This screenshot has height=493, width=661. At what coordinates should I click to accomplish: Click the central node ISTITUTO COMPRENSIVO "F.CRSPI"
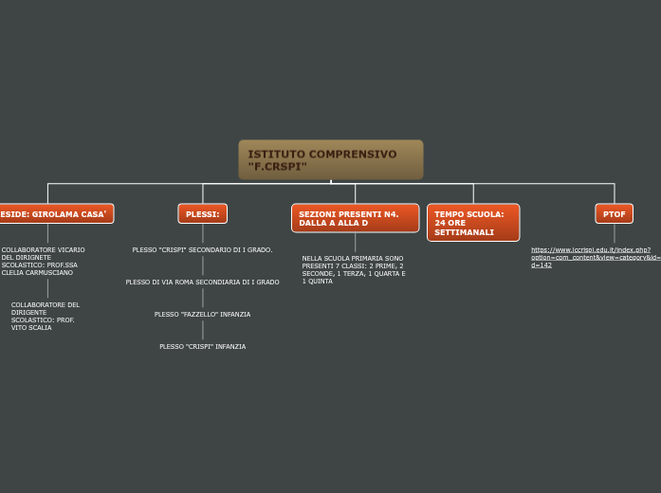click(x=330, y=159)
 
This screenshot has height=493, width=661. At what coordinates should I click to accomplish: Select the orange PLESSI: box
click(x=203, y=214)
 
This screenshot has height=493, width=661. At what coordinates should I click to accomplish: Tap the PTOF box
click(x=615, y=214)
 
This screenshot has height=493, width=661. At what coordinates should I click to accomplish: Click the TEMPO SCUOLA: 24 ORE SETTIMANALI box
click(x=473, y=223)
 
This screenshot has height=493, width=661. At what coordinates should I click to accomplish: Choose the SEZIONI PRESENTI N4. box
click(x=355, y=218)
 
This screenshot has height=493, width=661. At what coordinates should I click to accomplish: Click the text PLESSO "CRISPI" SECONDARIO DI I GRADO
click(x=202, y=249)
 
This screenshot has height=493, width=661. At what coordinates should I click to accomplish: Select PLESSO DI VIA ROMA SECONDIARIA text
click(x=202, y=282)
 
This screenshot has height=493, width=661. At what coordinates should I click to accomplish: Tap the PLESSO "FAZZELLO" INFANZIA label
click(x=202, y=314)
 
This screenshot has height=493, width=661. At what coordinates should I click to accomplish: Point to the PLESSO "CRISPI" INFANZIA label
click(x=202, y=346)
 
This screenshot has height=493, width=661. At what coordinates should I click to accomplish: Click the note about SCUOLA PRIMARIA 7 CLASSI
click(x=354, y=269)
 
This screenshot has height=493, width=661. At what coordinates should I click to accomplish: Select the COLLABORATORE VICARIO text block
click(x=44, y=261)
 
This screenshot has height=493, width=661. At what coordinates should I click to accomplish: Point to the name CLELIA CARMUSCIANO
click(x=38, y=272)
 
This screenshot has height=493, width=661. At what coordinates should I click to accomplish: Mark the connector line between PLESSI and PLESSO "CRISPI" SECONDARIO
click(x=203, y=234)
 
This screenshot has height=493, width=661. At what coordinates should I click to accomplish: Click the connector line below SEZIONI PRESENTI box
click(x=355, y=243)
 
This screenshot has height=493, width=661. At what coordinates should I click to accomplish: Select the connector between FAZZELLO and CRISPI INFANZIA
click(x=203, y=330)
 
